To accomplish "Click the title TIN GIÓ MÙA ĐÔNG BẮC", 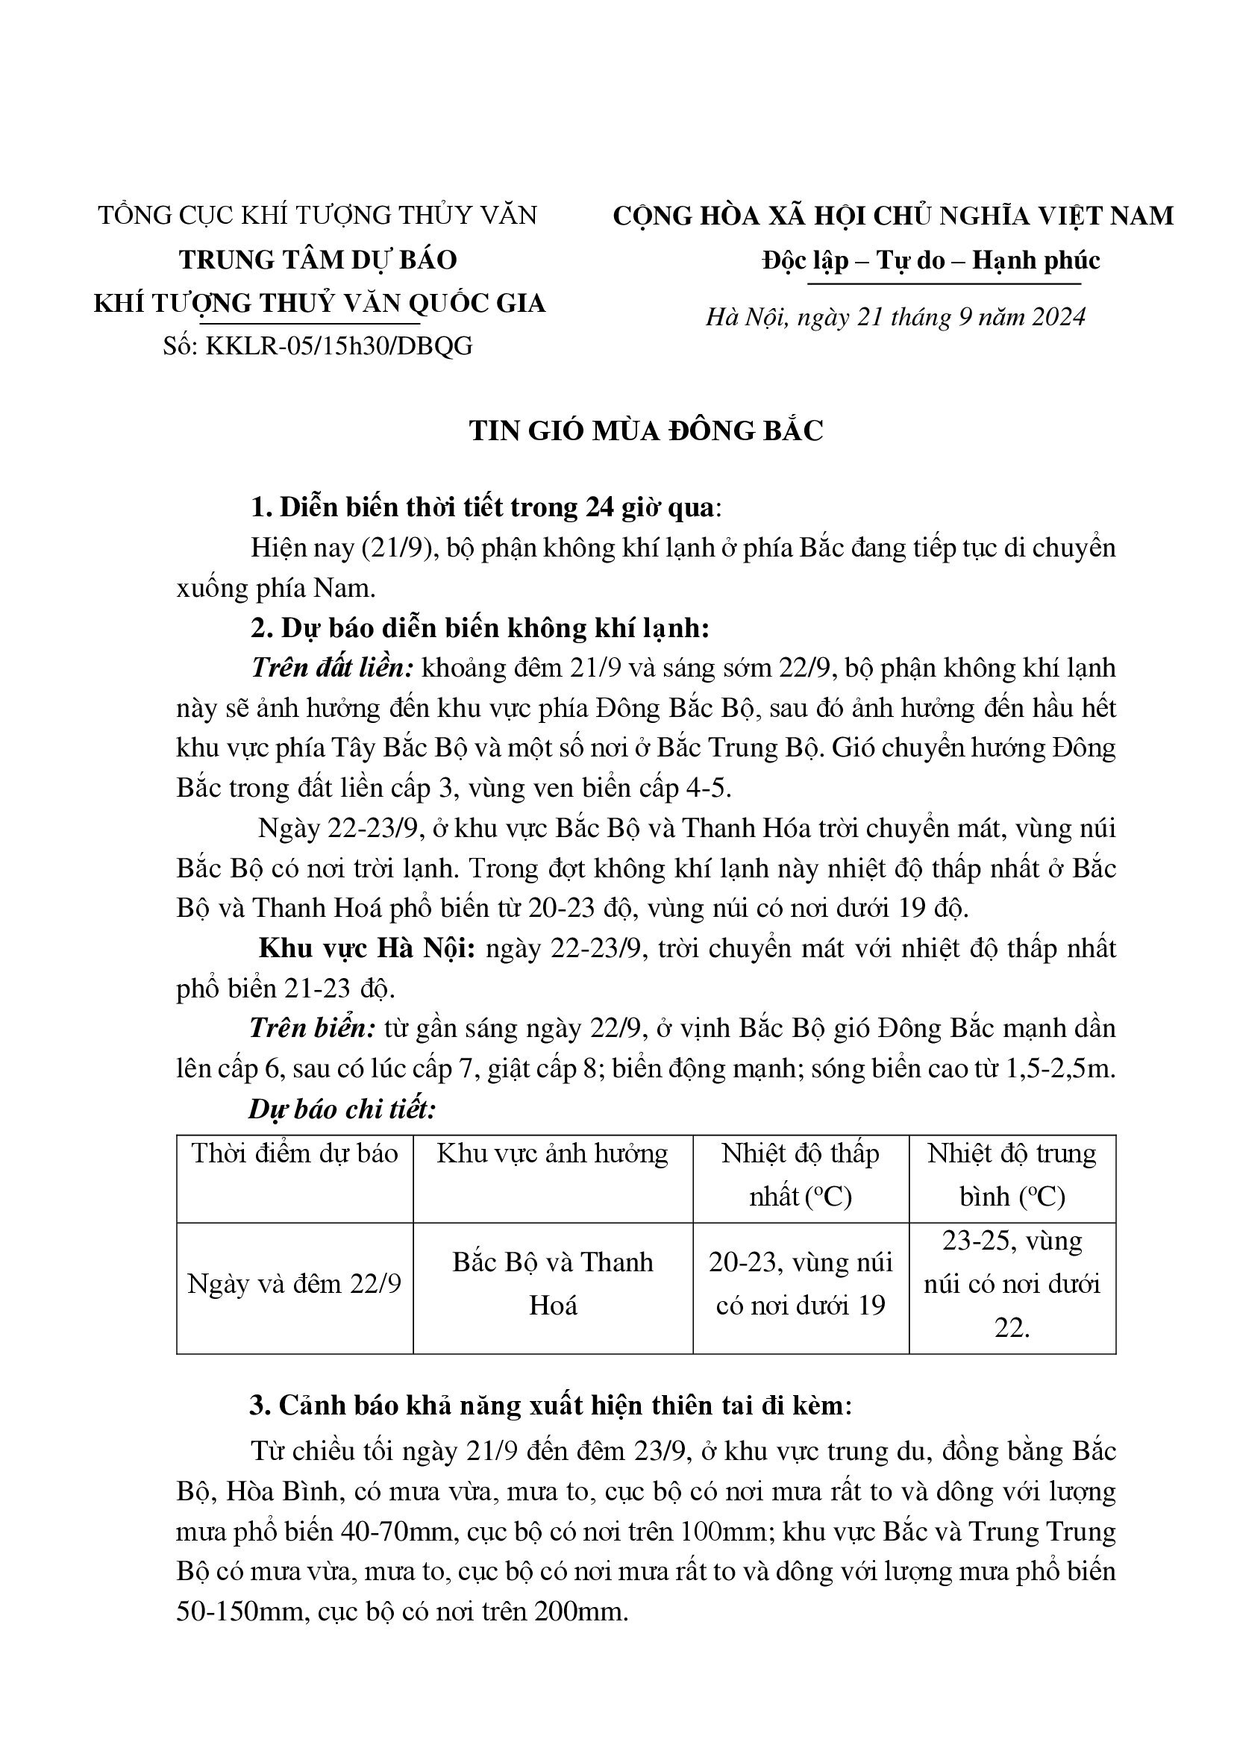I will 646,431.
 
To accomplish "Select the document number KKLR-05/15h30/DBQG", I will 339,346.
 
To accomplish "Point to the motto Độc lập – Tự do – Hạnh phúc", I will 931,260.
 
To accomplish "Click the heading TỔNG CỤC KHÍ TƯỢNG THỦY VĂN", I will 318,215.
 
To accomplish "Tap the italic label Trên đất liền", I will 331,668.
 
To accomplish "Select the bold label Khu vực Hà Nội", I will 367,948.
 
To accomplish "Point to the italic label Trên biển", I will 313,1028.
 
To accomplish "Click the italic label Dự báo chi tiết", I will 342,1109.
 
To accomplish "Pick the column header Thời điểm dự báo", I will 295,1153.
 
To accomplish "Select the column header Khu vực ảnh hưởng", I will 552,1153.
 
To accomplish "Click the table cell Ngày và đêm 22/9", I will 294,1284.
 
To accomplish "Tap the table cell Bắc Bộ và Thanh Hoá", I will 552,1284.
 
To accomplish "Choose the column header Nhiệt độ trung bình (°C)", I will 1012,1175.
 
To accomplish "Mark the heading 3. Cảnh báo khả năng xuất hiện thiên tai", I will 550,1406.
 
